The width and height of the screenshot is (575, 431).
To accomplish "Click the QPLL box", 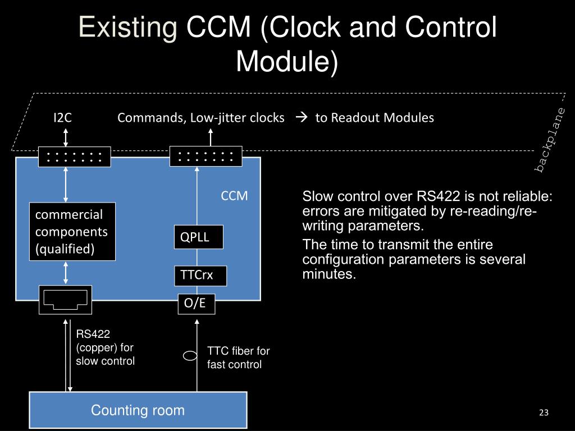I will pyautogui.click(x=198, y=237).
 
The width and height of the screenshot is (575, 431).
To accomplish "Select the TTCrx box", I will pyautogui.click(x=200, y=276).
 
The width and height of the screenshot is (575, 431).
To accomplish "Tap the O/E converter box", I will pyautogui.click(x=196, y=304).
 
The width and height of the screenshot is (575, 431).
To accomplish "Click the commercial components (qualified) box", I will pyautogui.click(x=72, y=231).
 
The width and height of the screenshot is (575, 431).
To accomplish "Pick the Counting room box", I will pyautogui.click(x=138, y=410).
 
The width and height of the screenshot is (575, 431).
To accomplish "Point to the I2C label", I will pyautogui.click(x=62, y=118).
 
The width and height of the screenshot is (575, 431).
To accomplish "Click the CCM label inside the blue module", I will pyautogui.click(x=234, y=196).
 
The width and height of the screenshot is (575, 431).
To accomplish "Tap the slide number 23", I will pyautogui.click(x=543, y=414).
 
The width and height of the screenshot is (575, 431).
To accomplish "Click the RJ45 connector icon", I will pyautogui.click(x=65, y=300).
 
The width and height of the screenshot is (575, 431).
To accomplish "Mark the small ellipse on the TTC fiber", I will pyautogui.click(x=191, y=355).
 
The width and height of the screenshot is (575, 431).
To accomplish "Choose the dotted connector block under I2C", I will pyautogui.click(x=74, y=157).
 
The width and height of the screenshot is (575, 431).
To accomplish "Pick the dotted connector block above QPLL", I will pyautogui.click(x=206, y=156).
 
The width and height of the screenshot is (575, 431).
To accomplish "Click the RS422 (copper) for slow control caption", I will pyautogui.click(x=105, y=347).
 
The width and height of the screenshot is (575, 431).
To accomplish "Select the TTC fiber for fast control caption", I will pyautogui.click(x=238, y=357).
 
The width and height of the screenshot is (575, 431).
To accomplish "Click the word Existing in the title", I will pyautogui.click(x=127, y=27).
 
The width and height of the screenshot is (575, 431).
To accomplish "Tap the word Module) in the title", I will pyautogui.click(x=287, y=61).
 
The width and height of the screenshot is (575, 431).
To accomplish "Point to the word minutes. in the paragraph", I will pyautogui.click(x=329, y=274).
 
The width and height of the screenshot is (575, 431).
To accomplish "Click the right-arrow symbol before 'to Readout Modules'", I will pyautogui.click(x=300, y=118).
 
